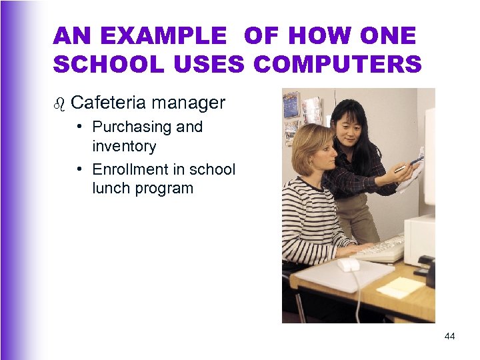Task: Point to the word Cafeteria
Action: click(107, 103)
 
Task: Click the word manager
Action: click(188, 103)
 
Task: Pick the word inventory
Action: click(124, 145)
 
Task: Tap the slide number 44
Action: click(449, 337)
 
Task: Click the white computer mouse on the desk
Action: click(348, 264)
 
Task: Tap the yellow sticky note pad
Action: click(399, 287)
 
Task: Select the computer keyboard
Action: click(380, 249)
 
